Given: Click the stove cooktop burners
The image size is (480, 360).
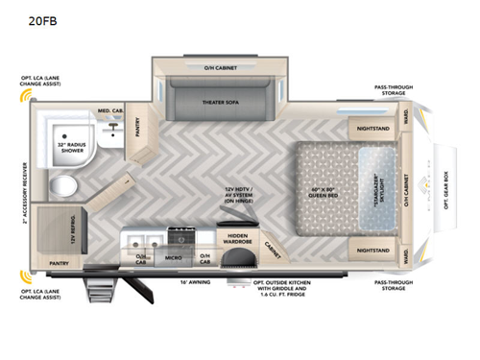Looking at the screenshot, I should pyautogui.click(x=180, y=235).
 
